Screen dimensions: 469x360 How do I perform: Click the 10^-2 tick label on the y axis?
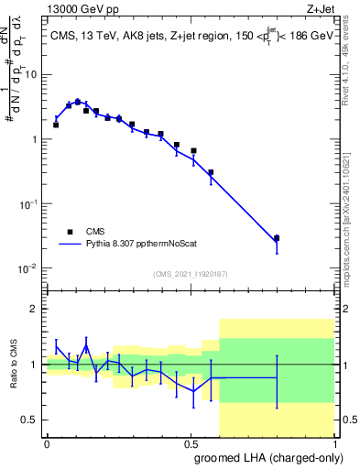(x=31, y=268)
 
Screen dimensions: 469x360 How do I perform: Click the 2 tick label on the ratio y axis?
(x=37, y=310)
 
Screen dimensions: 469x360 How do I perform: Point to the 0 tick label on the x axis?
(x=47, y=442)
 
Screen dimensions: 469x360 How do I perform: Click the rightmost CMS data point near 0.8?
(x=277, y=238)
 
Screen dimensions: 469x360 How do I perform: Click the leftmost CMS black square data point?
(x=56, y=125)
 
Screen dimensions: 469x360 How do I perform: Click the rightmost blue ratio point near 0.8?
(x=277, y=377)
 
